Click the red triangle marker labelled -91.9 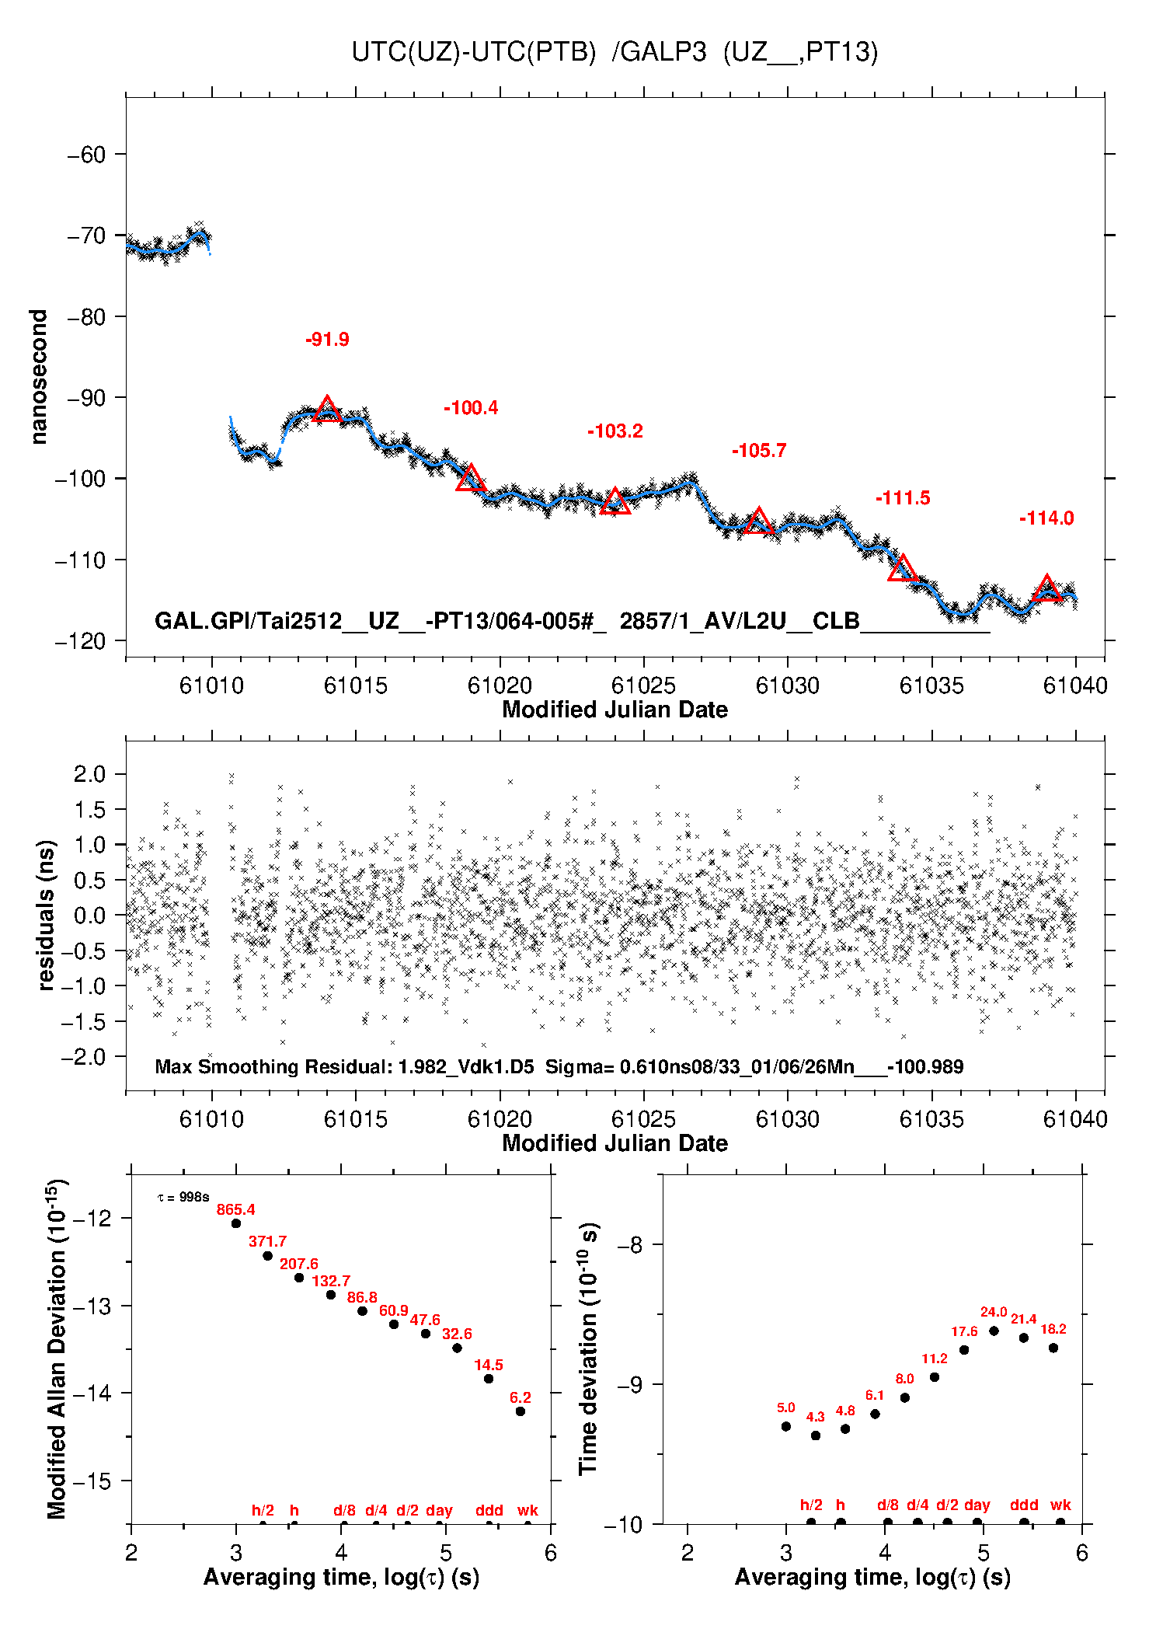tap(327, 410)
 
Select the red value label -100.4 tap(471, 408)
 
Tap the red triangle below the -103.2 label tap(615, 502)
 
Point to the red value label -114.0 tap(1046, 518)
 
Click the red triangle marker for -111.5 tap(903, 569)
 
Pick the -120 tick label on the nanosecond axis tap(80, 641)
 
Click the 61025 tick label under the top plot tap(643, 685)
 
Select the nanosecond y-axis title tap(39, 377)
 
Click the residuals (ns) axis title tap(46, 915)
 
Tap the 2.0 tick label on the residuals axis tap(89, 774)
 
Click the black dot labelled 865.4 tap(236, 1223)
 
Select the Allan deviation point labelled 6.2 tap(521, 1411)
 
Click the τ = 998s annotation tap(183, 1197)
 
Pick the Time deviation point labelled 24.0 tap(994, 1331)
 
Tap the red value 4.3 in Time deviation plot tap(815, 1417)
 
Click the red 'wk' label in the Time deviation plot tap(1060, 1505)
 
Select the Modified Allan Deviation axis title tap(57, 1348)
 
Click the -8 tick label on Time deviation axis tap(629, 1245)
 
